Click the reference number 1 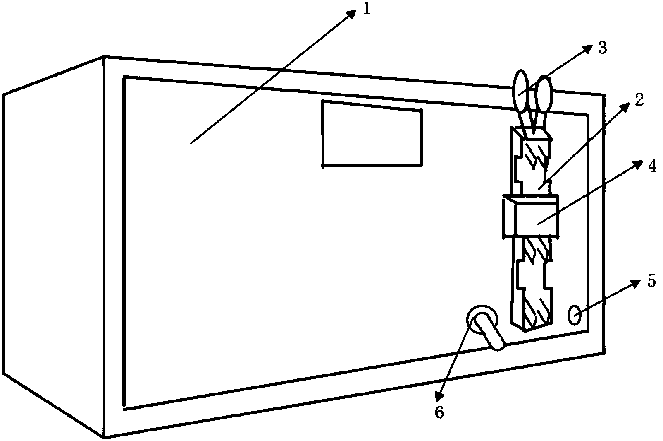click(x=367, y=9)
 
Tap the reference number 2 click(x=639, y=100)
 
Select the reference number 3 click(x=603, y=48)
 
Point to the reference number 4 click(x=652, y=166)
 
